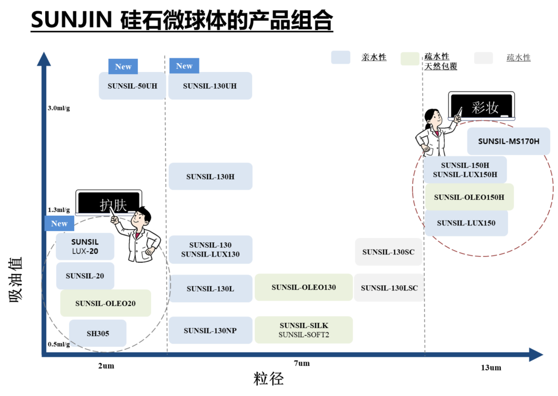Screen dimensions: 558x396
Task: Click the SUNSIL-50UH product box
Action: [x=132, y=86]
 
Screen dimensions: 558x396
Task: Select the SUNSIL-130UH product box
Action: [x=210, y=86]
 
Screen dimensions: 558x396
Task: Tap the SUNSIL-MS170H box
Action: [x=508, y=141]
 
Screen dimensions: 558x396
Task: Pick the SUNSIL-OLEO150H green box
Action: [x=469, y=197]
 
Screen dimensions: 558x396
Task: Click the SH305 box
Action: [x=98, y=333]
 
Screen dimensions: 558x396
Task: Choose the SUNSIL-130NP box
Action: [x=210, y=331]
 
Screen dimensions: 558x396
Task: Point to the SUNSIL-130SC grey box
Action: [x=389, y=252]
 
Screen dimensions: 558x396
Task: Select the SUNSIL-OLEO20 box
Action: [x=106, y=303]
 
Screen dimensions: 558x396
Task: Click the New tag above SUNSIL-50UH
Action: [x=123, y=66]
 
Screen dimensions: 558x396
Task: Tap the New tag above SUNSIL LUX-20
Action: [x=59, y=223]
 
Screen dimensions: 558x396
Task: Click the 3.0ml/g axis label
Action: [x=59, y=108]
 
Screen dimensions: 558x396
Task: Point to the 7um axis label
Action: [x=302, y=363]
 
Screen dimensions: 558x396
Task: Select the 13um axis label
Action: [x=491, y=368]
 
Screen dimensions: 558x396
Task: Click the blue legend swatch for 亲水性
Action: [x=341, y=57]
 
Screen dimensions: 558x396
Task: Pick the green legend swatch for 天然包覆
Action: [x=410, y=59]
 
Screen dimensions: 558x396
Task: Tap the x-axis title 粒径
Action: [x=269, y=379]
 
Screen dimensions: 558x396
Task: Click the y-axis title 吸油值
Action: [x=16, y=279]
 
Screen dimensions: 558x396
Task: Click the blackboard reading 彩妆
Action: [x=482, y=106]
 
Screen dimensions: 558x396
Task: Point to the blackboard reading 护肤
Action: [x=109, y=203]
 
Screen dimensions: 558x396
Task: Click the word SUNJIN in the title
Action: [x=71, y=20]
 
